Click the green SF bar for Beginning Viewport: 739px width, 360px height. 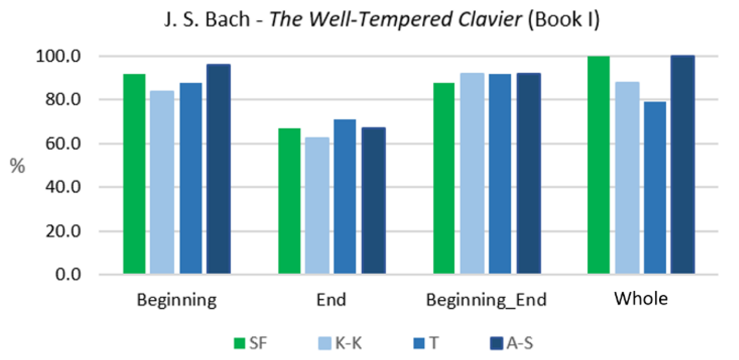click(134, 174)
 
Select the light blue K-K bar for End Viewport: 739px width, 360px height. click(317, 205)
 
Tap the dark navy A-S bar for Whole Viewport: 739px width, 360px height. click(683, 164)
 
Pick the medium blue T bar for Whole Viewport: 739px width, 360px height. click(655, 187)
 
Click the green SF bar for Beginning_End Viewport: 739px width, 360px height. click(444, 178)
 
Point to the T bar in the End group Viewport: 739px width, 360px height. click(345, 196)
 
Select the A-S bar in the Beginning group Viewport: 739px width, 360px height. click(219, 169)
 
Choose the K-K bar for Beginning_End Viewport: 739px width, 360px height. click(472, 173)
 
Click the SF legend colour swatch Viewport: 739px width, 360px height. click(239, 343)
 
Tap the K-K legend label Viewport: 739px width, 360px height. click(348, 343)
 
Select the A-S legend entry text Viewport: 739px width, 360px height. click(520, 343)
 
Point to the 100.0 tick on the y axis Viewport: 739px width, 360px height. click(58, 56)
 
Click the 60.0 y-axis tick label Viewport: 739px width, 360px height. click(63, 144)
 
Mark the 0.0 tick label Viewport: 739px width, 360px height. click(68, 275)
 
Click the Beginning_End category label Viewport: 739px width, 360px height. click(486, 300)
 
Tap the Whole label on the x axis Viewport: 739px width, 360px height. click(641, 299)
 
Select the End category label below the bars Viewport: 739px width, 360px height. click(331, 300)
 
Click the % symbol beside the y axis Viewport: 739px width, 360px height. click(17, 166)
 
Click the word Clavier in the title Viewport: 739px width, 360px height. click(490, 19)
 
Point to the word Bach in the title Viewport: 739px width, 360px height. click(228, 19)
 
